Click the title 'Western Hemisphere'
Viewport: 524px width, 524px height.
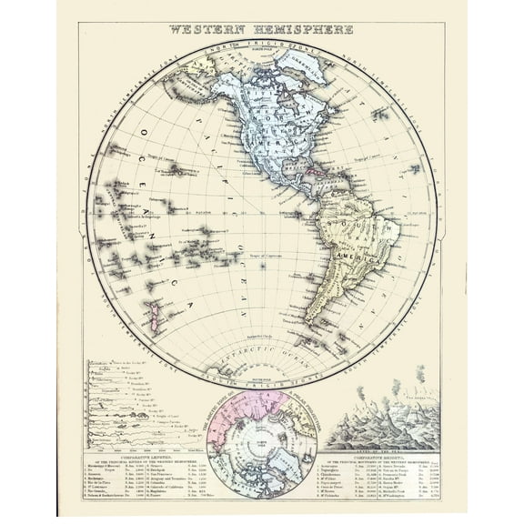point(261,29)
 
